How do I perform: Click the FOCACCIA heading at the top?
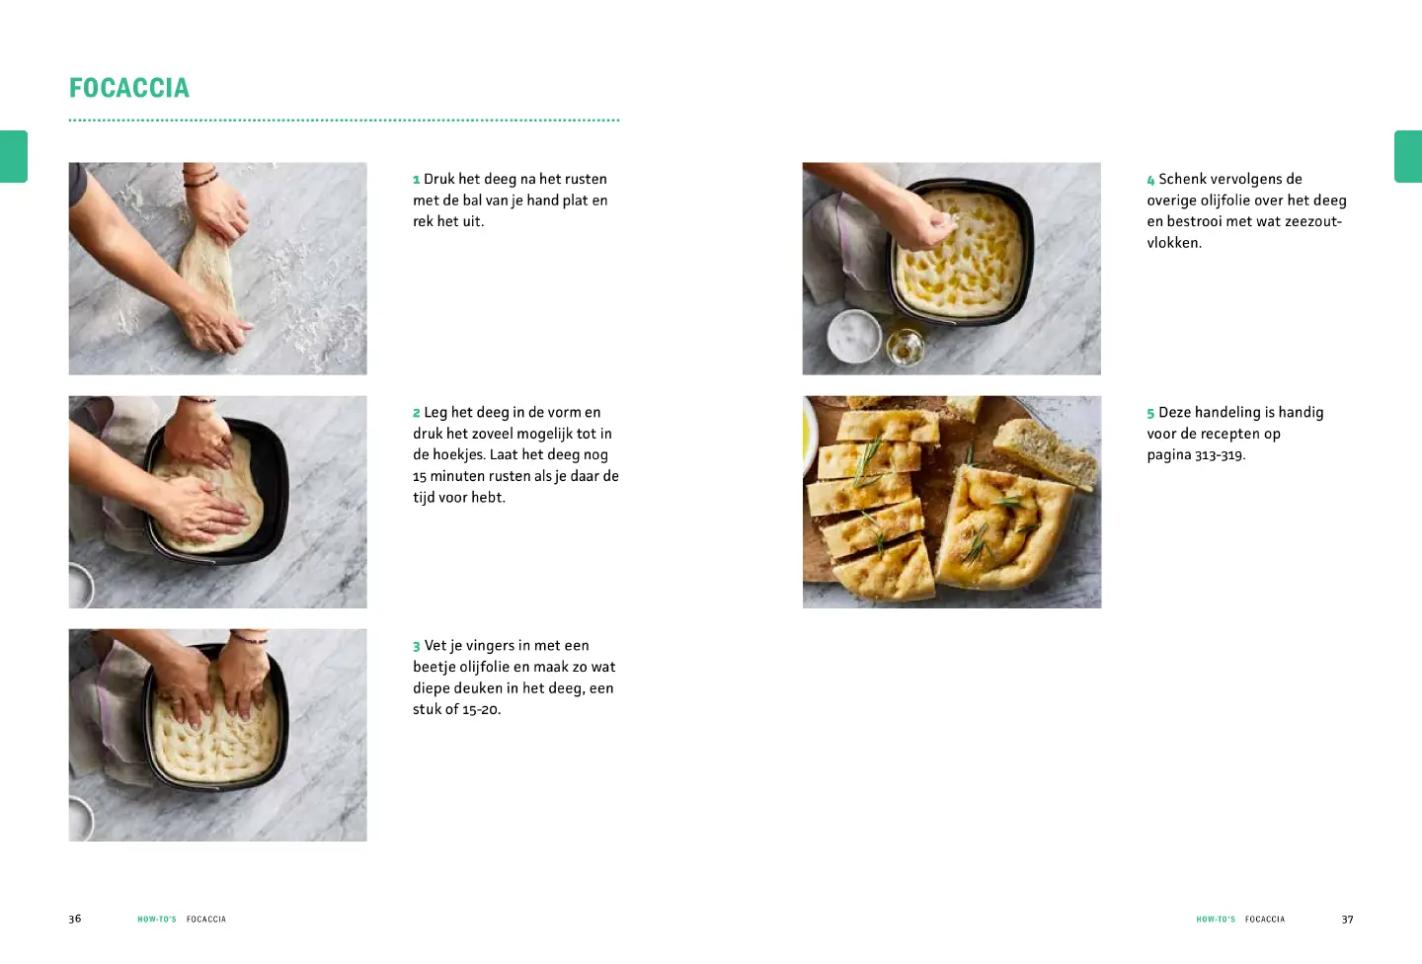tap(128, 88)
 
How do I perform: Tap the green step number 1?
tap(417, 180)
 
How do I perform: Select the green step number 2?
tap(417, 413)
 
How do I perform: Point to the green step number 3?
tap(417, 647)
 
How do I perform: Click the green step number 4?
tap(1151, 180)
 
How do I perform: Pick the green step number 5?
tap(1151, 413)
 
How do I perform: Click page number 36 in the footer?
tap(75, 919)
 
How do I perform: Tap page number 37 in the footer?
tap(1347, 919)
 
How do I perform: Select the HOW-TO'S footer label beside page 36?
tap(157, 919)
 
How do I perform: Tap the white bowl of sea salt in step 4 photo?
tap(854, 336)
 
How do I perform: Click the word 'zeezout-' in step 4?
tap(1312, 221)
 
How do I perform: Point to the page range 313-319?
tap(1221, 455)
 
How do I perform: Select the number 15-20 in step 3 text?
tap(482, 709)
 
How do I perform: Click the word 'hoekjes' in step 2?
tap(459, 454)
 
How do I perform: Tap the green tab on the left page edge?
tap(14, 156)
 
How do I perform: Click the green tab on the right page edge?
tap(1408, 156)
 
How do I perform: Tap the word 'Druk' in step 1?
tap(438, 179)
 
